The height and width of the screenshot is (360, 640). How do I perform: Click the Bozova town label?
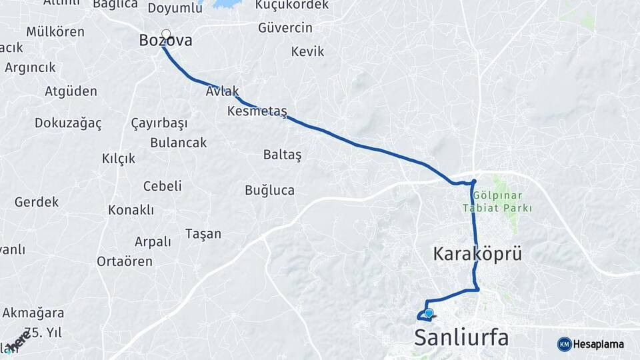[x=165, y=41]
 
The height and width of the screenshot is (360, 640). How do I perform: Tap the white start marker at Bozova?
[x=166, y=34]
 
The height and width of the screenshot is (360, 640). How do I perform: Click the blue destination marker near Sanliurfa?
[x=429, y=313]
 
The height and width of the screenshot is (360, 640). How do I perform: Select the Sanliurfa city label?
[x=461, y=337]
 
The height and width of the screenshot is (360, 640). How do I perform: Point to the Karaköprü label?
[x=477, y=254]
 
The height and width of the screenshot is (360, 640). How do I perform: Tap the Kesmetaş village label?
[x=257, y=111]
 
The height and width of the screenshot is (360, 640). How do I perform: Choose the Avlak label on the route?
[x=222, y=92]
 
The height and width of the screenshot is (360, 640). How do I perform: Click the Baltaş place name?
[x=282, y=155]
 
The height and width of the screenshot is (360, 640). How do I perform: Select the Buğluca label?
[x=269, y=191]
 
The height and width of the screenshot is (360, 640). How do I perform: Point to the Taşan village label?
[x=203, y=234]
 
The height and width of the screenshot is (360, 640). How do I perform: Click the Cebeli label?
[x=162, y=187]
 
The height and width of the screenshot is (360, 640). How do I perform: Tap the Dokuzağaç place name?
[x=68, y=123]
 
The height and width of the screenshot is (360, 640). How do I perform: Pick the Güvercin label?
[x=285, y=28]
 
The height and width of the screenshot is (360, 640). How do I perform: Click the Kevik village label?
[x=307, y=51]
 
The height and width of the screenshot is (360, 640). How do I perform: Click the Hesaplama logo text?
[x=599, y=344]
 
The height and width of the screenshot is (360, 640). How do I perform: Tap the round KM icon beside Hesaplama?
[x=564, y=344]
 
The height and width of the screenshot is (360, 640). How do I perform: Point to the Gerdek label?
[x=37, y=202]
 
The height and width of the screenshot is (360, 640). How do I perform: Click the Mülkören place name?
[x=55, y=32]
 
